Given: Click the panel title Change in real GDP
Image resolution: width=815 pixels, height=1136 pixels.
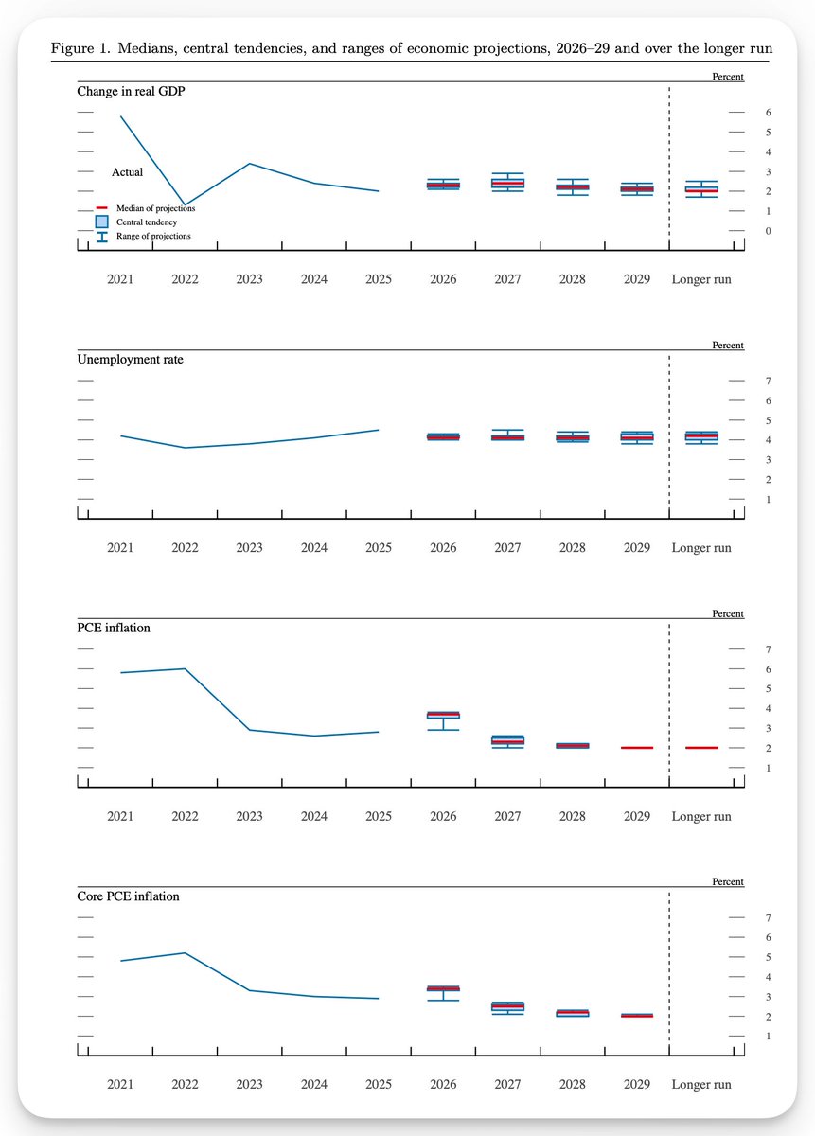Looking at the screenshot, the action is tap(131, 91).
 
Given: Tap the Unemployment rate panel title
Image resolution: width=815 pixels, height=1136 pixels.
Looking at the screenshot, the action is tap(130, 360).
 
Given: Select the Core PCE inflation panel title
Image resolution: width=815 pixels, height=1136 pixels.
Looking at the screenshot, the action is tap(129, 896).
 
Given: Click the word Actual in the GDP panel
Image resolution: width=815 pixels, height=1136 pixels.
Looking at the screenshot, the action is tap(127, 172).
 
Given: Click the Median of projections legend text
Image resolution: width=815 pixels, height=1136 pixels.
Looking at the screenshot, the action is tap(155, 208).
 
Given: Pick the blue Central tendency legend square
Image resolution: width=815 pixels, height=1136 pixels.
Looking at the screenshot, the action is tap(102, 222).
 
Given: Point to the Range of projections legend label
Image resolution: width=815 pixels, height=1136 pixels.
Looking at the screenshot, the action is tap(153, 236).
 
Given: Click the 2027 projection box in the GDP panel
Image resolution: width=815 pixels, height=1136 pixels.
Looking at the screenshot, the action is tap(507, 183).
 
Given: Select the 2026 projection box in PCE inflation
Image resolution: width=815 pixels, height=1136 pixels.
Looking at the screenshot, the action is tap(443, 715).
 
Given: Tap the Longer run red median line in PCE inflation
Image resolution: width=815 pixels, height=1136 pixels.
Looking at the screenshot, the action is tap(701, 748).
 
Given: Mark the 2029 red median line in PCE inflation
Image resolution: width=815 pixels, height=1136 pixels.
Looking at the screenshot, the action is tap(637, 748).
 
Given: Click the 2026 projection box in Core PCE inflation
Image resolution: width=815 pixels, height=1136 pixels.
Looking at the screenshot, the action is tap(443, 988).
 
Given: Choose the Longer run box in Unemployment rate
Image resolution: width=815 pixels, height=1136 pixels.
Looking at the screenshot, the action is tap(701, 436).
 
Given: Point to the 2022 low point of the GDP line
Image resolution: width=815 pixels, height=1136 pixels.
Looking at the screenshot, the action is tap(186, 204).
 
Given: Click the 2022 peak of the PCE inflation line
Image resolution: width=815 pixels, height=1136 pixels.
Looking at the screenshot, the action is tap(186, 669).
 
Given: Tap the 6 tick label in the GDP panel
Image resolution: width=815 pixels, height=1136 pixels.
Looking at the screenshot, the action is tap(769, 113).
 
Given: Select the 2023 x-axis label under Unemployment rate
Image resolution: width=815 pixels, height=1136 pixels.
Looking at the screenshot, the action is tap(250, 548).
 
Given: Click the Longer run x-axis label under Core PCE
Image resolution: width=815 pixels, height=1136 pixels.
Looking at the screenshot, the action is tap(701, 1084).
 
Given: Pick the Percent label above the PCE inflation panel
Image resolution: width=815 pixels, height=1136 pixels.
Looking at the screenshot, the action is tap(728, 613).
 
